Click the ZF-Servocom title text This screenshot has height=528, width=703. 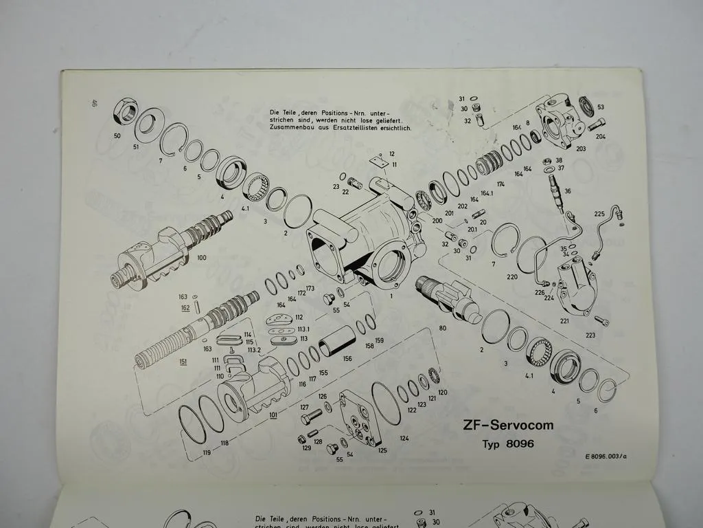pos(507,425)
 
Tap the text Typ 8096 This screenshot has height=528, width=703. pos(507,443)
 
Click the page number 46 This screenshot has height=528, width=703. pos(93,104)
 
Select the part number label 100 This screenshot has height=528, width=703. pos(201,258)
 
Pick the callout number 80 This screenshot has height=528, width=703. pos(442,328)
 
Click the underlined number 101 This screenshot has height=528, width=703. pos(273,415)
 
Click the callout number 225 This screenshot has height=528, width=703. pos(599,214)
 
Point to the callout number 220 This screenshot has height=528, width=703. pos(511,276)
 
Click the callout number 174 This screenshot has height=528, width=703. pos(500,185)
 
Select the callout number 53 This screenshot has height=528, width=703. pos(601,107)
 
